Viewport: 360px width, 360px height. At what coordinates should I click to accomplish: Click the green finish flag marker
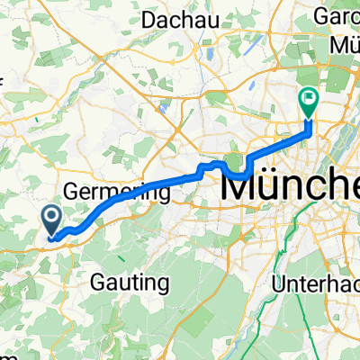tap(309, 103)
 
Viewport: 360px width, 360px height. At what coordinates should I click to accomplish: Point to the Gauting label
tap(130, 283)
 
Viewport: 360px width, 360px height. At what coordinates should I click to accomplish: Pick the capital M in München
tap(241, 186)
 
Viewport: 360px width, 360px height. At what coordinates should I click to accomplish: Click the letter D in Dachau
tap(149, 19)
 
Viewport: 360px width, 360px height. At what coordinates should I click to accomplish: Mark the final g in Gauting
tap(163, 285)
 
